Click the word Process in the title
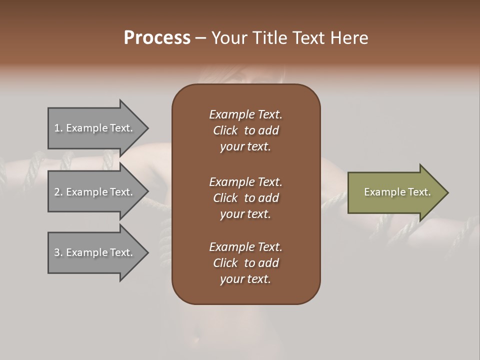point(157,38)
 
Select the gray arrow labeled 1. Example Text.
point(95,128)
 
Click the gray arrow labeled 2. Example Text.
point(95,192)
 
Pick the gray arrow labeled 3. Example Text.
point(95,252)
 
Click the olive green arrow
point(395,192)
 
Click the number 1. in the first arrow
point(58,128)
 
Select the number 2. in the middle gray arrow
point(58,192)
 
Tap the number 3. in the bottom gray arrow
point(58,252)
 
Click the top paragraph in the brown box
point(245,130)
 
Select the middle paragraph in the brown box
point(245,198)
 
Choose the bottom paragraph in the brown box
point(245,263)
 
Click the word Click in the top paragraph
point(225,130)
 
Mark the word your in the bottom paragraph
point(230,279)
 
